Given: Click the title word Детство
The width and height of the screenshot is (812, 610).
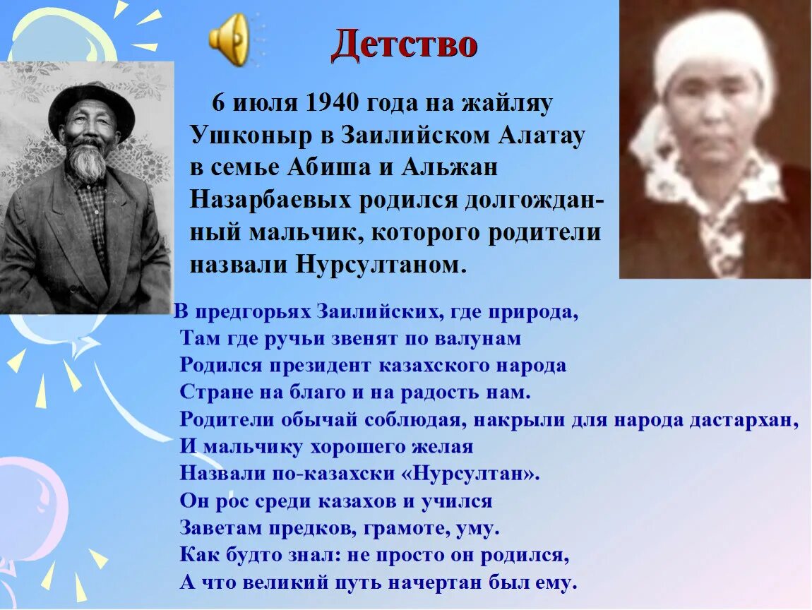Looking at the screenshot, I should (405, 45).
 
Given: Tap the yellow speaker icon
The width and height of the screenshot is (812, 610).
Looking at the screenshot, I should (229, 40).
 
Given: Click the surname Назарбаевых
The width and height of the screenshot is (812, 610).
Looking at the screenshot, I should (270, 201).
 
